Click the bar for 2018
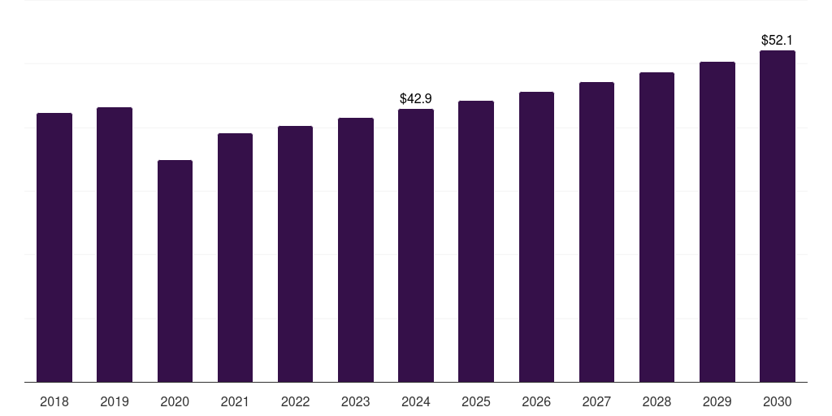click(54, 247)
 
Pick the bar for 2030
click(778, 216)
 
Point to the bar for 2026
click(536, 236)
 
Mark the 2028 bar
click(656, 227)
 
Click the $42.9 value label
click(416, 98)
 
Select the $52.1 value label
click(778, 40)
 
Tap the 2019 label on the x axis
click(115, 401)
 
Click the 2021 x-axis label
click(235, 401)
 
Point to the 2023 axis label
click(356, 401)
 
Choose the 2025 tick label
click(476, 401)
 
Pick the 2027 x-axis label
click(596, 401)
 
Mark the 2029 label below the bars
click(717, 401)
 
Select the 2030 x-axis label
click(778, 401)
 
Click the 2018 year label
click(54, 401)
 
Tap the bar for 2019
click(115, 245)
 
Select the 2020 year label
click(175, 401)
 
